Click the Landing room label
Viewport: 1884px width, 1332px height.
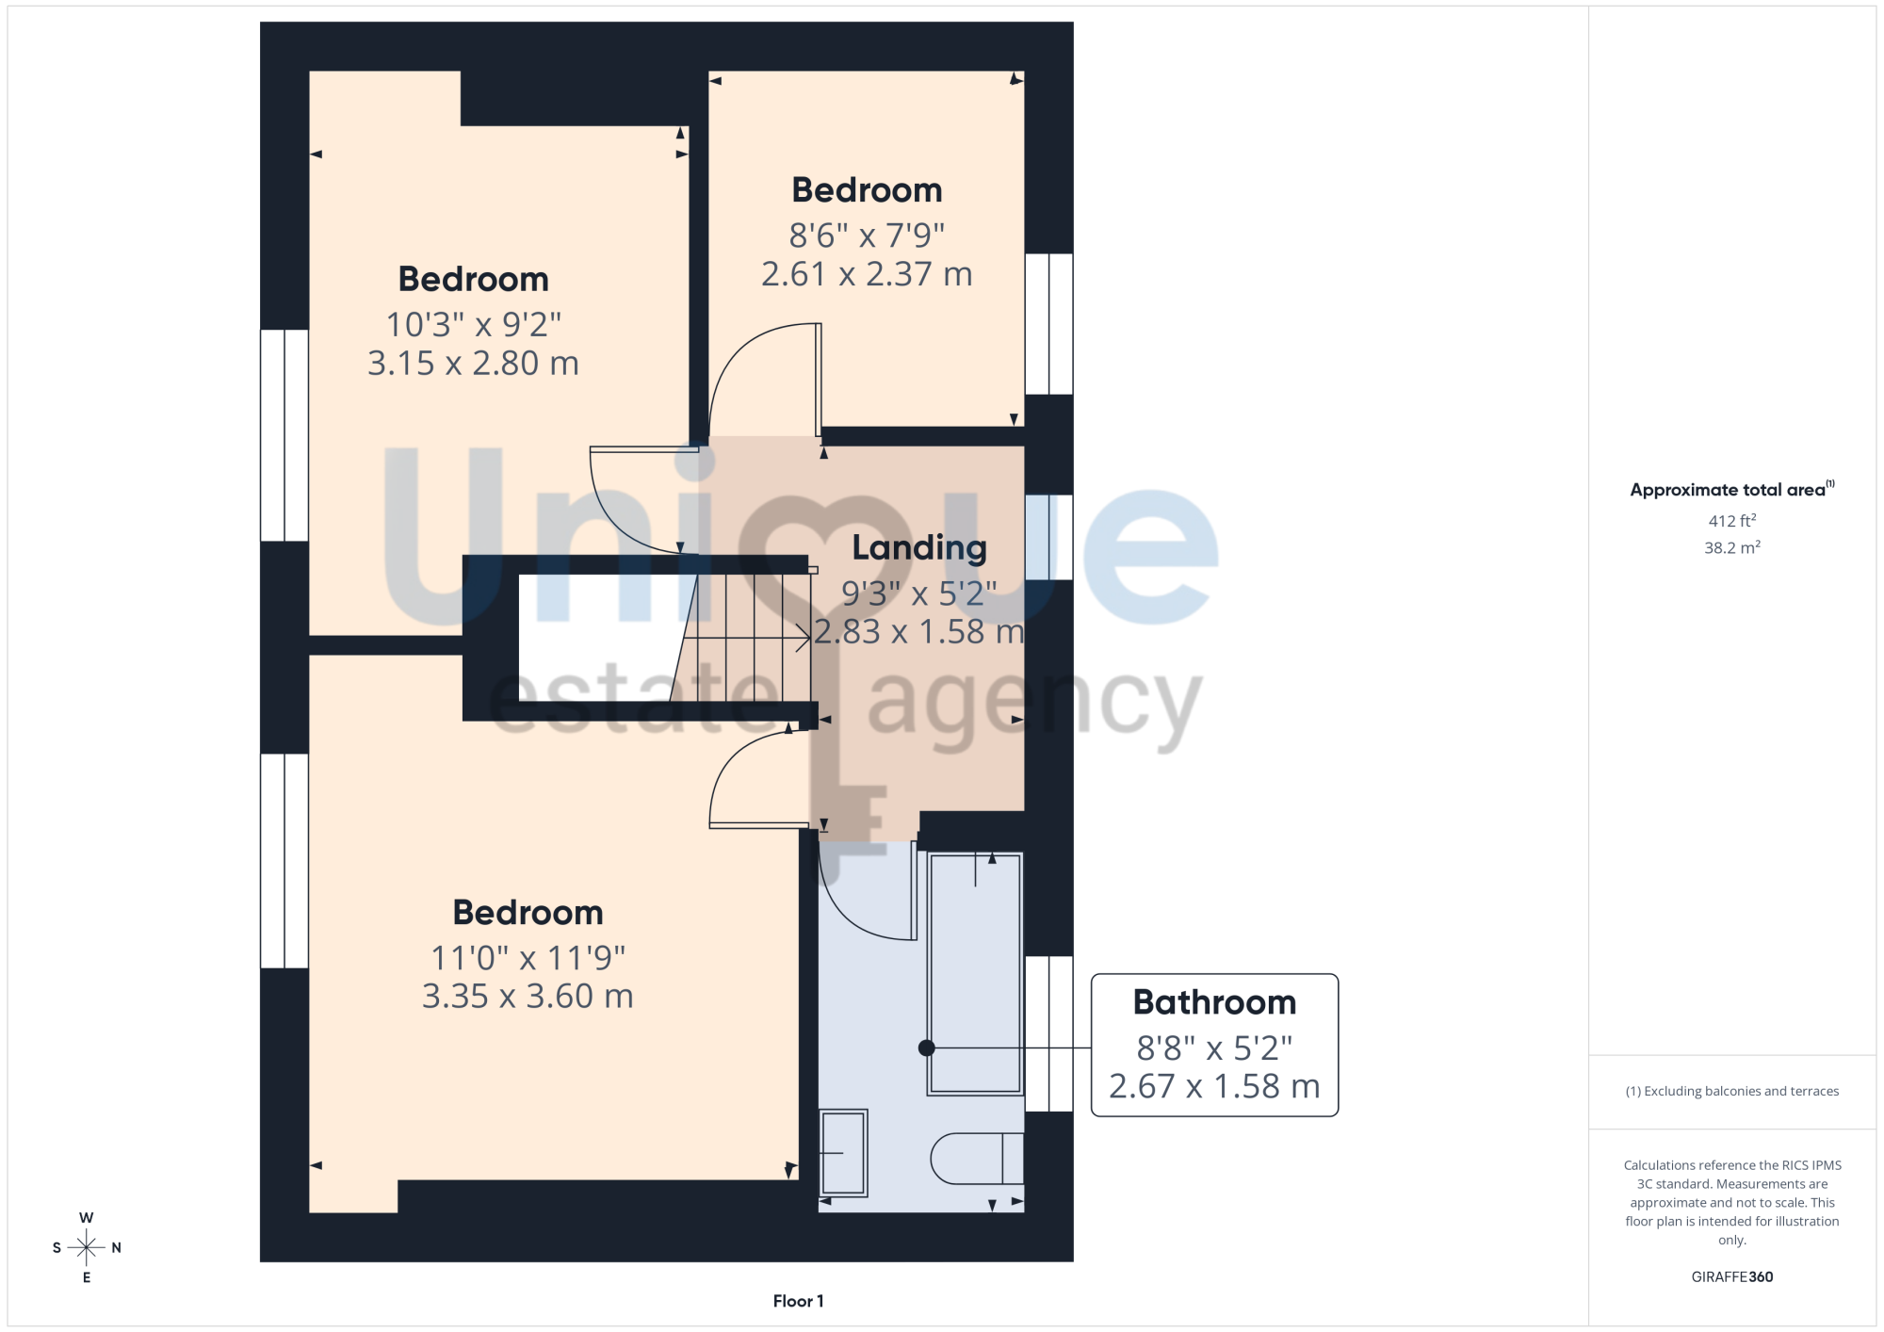click(x=919, y=548)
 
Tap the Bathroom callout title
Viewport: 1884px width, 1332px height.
click(x=1214, y=1002)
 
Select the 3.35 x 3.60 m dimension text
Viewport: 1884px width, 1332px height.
click(x=528, y=996)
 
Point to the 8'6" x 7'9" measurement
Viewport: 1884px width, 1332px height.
click(x=867, y=235)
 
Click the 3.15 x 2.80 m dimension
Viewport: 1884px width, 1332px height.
click(x=473, y=363)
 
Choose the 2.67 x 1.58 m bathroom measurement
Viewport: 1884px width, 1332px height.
click(x=1214, y=1086)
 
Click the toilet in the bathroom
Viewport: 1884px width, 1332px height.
click(x=977, y=1158)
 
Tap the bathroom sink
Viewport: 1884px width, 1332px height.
click(x=843, y=1153)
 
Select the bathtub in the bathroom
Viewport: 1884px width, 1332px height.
click(x=975, y=974)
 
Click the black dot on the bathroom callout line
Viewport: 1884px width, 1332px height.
click(x=927, y=1048)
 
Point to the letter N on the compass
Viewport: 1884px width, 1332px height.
click(x=117, y=1248)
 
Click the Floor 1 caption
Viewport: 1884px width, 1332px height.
click(x=798, y=1301)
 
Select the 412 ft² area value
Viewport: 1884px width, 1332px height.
click(x=1732, y=521)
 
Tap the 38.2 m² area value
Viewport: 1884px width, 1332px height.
click(x=1732, y=547)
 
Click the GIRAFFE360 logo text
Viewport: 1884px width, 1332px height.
click(x=1732, y=1277)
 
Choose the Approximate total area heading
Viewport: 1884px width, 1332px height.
click(x=1732, y=489)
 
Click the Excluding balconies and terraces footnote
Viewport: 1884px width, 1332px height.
click(x=1732, y=1091)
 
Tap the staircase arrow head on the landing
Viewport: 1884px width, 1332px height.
click(x=804, y=638)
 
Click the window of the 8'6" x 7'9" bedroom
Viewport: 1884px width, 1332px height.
click(x=1048, y=324)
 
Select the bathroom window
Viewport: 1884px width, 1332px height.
click(x=1048, y=1034)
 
